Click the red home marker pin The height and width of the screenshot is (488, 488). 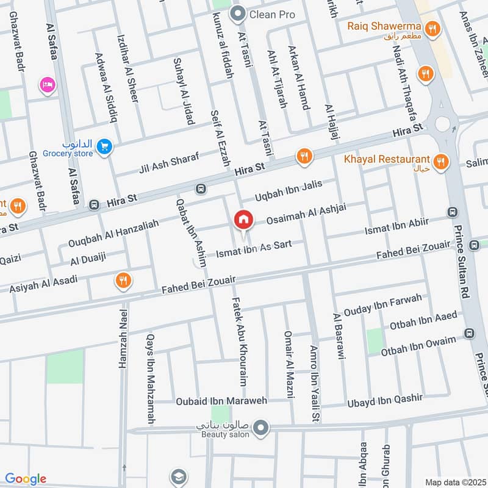243,219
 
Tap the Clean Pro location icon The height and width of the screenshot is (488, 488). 238,13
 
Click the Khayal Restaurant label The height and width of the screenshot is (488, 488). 386,159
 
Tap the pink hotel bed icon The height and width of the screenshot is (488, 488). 46,85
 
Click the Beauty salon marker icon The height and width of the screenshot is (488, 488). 262,427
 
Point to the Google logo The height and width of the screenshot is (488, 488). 26,479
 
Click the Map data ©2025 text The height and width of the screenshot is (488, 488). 454,482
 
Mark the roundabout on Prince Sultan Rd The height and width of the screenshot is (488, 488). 442,123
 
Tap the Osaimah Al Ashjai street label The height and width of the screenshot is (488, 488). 301,216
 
